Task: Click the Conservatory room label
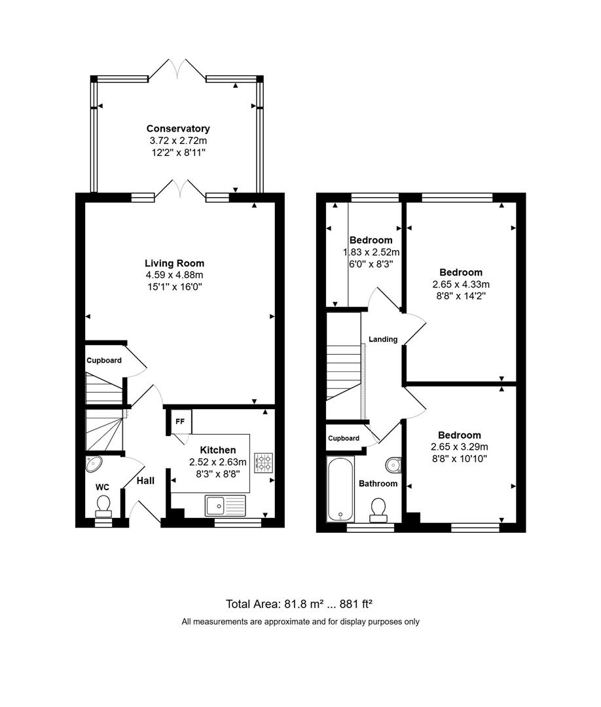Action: tap(178, 128)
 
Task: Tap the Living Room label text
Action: tap(175, 263)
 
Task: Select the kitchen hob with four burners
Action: tap(263, 462)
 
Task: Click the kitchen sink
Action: tap(225, 505)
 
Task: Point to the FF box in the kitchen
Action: tap(180, 422)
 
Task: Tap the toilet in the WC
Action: tap(103, 506)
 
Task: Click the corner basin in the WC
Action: tap(94, 463)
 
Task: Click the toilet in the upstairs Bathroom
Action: tap(378, 510)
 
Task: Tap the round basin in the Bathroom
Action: tap(393, 465)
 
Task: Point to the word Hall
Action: tap(145, 480)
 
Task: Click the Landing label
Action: tap(383, 339)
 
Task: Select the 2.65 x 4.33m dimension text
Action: tap(461, 285)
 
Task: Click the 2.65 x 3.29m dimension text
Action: tap(460, 447)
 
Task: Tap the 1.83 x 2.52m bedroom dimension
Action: tap(371, 252)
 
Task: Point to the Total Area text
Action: tap(299, 604)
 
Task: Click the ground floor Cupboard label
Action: tap(104, 360)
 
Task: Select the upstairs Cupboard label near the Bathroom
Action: tap(344, 438)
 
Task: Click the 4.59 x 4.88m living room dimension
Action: tap(174, 275)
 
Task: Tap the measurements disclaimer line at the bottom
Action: tap(300, 622)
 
